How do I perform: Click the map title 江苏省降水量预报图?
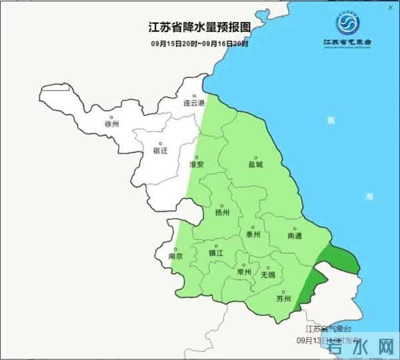click(199, 28)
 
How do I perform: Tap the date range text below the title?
click(199, 44)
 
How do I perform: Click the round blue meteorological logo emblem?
click(347, 25)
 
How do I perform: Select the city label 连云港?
click(193, 104)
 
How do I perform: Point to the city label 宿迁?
click(160, 151)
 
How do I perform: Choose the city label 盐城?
click(255, 163)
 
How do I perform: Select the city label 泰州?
click(253, 235)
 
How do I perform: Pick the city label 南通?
click(294, 236)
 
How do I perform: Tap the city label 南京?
click(177, 256)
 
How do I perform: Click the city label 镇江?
click(215, 253)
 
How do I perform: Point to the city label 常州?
click(244, 272)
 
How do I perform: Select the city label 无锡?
click(267, 274)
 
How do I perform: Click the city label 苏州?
click(283, 298)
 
